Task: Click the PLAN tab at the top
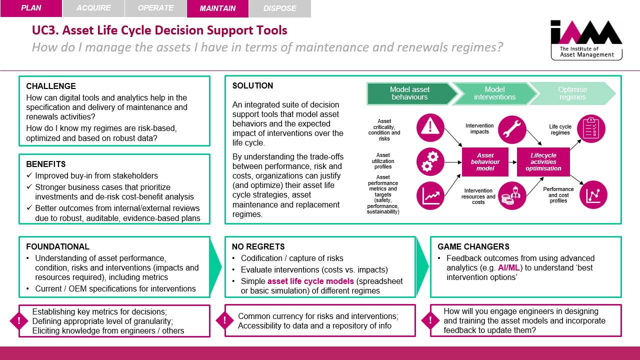coord(31,8)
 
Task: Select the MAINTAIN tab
coord(217,8)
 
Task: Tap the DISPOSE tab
coord(279,8)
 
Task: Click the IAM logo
coord(586,39)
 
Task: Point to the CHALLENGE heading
coord(51,86)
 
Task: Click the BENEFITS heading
coord(46,164)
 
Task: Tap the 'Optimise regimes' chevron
coord(573,93)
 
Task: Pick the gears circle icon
coord(430,162)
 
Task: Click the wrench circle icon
coord(511,129)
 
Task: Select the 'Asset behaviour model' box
coord(485,162)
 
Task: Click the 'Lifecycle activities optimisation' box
coord(543,162)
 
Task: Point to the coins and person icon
coord(511,195)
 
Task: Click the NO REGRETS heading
coord(258,246)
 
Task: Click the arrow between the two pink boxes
coord(512,162)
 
